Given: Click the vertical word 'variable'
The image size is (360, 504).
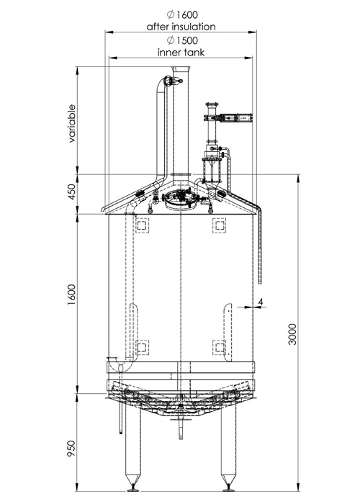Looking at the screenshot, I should point(72,125).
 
